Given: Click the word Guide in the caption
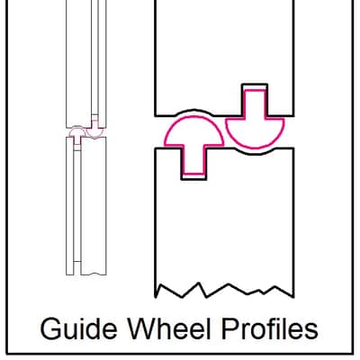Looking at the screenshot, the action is pyautogui.click(x=78, y=328).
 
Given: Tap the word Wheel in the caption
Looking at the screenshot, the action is pyautogui.click(x=170, y=328).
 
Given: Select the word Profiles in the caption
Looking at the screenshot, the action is pyautogui.click(x=269, y=328).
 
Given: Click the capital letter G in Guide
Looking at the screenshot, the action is pyautogui.click(x=50, y=328).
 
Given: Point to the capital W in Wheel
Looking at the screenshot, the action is pyautogui.click(x=143, y=328).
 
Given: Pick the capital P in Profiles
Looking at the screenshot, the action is pyautogui.click(x=230, y=328).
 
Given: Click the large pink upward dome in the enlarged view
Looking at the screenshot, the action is pyautogui.click(x=193, y=130).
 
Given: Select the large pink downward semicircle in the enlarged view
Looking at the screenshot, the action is pyautogui.click(x=255, y=134).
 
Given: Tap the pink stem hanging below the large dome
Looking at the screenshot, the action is pyautogui.click(x=193, y=159).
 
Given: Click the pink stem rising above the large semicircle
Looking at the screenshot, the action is pyautogui.click(x=255, y=104).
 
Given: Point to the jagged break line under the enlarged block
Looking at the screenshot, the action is pyautogui.click(x=224, y=290).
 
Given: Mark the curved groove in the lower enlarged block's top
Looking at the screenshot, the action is pyautogui.click(x=255, y=151).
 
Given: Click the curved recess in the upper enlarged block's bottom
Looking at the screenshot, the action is pyautogui.click(x=194, y=112).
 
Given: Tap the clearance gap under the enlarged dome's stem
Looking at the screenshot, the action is pyautogui.click(x=193, y=176).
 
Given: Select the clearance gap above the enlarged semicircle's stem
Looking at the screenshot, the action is pyautogui.click(x=255, y=86).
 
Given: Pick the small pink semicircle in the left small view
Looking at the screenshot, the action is pyautogui.click(x=94, y=133).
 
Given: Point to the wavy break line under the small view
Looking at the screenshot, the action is pyautogui.click(x=94, y=274).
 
